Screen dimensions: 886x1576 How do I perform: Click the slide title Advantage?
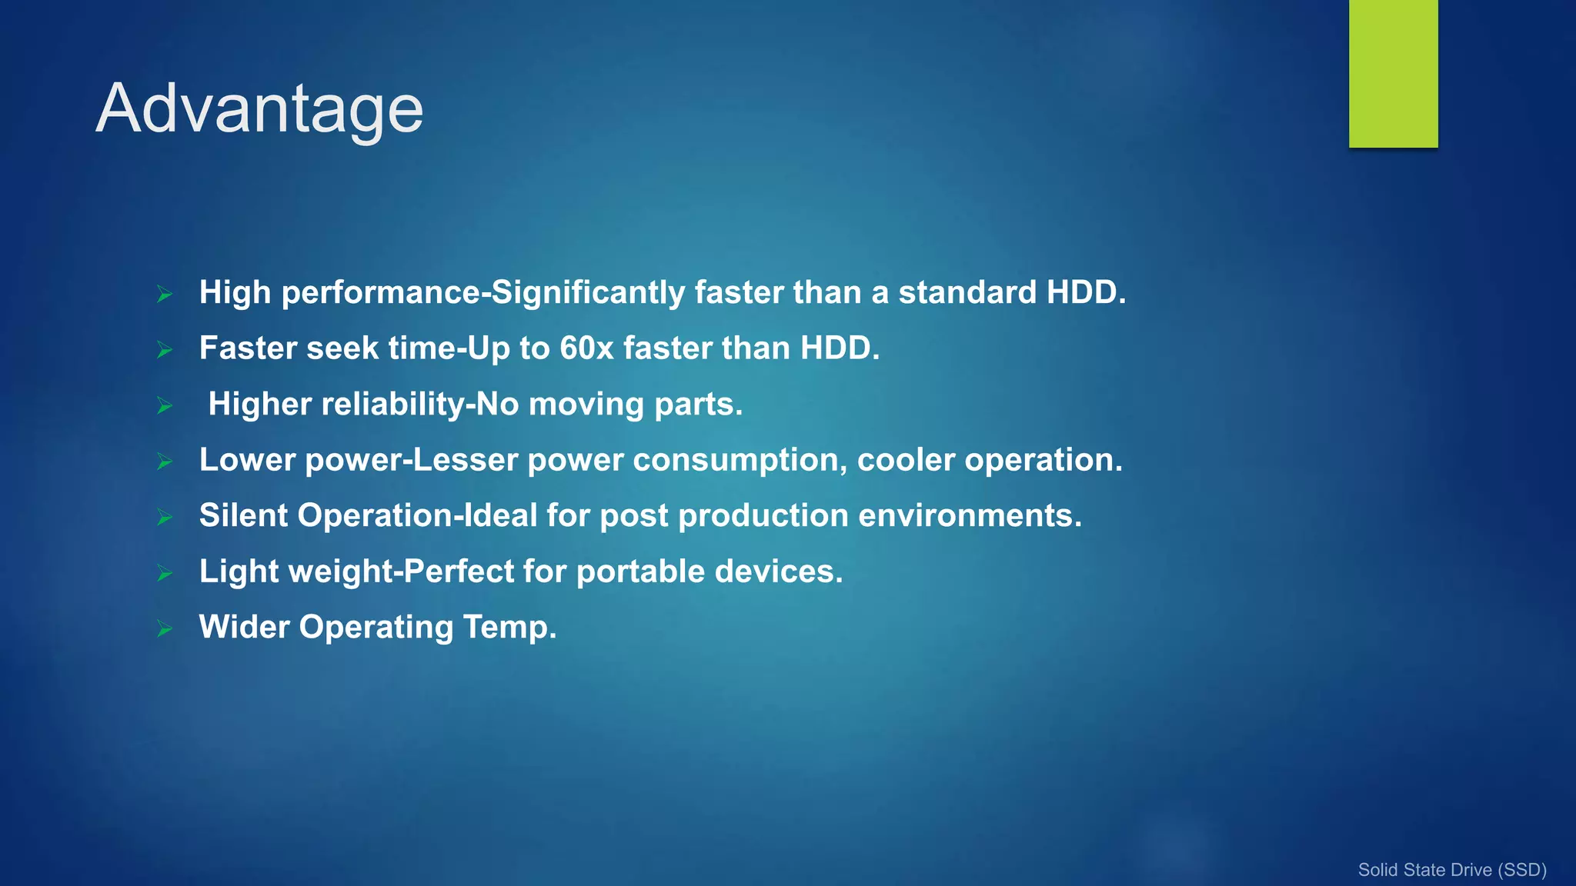[259, 109]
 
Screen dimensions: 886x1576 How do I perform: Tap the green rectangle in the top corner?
[1393, 73]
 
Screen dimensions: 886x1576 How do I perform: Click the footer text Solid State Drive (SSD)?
[1451, 870]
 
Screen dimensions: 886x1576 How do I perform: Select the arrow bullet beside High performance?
[165, 294]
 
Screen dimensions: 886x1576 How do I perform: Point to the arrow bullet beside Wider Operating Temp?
[165, 628]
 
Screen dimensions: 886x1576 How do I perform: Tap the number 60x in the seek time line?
[586, 348]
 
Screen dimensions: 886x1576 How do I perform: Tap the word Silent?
[243, 515]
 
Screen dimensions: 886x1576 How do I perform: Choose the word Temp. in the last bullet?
[509, 628]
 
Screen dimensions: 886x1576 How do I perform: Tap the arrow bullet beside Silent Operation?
[165, 517]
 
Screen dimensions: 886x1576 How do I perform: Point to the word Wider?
[244, 627]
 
